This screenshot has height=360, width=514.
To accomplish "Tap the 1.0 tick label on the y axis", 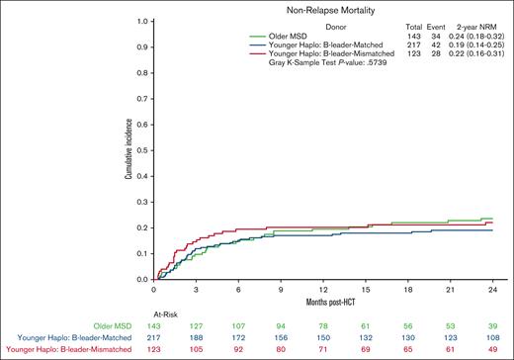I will (x=142, y=20).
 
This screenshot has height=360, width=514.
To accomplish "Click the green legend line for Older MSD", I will (x=235, y=36).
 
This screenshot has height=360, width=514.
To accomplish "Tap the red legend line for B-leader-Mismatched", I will (x=235, y=54).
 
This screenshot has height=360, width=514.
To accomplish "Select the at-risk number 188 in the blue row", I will (x=196, y=337).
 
